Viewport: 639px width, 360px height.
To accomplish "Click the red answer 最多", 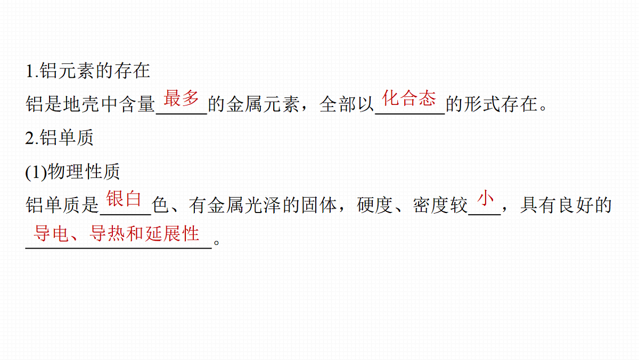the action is point(181,98).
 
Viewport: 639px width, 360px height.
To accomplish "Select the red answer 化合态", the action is point(409,98).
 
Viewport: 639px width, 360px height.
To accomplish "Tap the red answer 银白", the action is point(124,199).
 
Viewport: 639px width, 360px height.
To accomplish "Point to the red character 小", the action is point(485,198).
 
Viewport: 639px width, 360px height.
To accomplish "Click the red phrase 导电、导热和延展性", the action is point(117,233).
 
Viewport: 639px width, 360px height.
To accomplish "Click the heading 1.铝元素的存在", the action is point(88,71).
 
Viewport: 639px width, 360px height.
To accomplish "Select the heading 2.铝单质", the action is point(59,137).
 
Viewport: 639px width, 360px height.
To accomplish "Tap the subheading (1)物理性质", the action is point(72,171).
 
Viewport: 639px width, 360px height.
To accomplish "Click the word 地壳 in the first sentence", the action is point(81,104).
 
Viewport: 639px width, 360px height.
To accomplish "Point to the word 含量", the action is point(137,104).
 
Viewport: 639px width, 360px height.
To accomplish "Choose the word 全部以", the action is point(347,104).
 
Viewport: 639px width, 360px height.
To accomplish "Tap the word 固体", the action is point(319,205).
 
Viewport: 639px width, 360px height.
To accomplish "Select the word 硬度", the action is point(375,205).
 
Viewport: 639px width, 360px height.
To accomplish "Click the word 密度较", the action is point(440,205).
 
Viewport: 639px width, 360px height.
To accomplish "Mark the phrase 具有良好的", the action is point(566,205).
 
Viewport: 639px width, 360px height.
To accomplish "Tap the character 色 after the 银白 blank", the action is point(160,205).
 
